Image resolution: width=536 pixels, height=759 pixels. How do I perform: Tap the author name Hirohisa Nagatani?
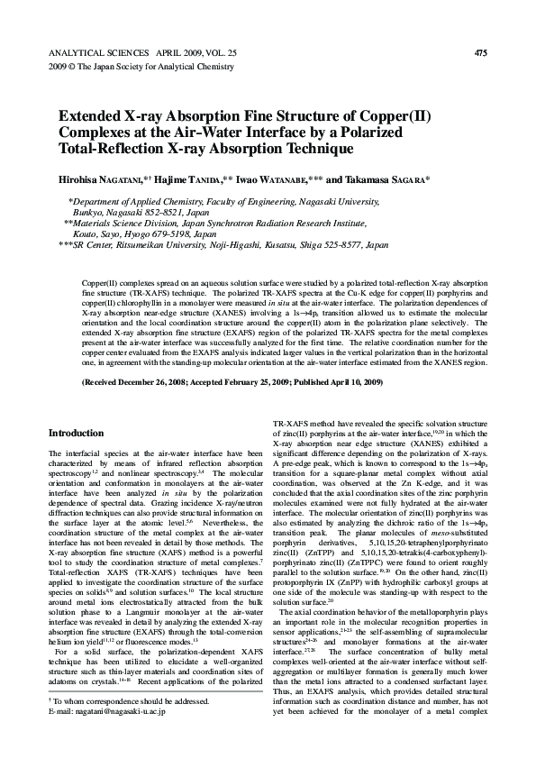99,180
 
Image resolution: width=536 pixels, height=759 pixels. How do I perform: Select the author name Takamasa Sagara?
386,180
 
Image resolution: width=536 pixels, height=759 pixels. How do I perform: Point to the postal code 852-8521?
171,214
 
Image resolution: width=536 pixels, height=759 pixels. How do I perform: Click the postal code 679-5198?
181,233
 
